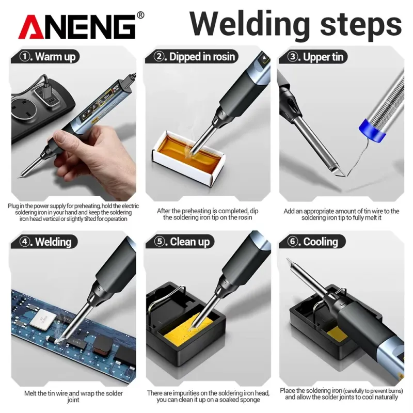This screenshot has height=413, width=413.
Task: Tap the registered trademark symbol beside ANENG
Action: pos(141,15)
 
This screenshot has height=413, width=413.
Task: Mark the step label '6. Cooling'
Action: pos(312,241)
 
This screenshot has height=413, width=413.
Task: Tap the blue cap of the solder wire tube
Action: pos(372,131)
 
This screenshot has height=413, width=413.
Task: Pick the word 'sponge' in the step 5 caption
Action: pos(250,400)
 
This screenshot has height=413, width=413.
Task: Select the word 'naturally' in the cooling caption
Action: pos(384,397)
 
